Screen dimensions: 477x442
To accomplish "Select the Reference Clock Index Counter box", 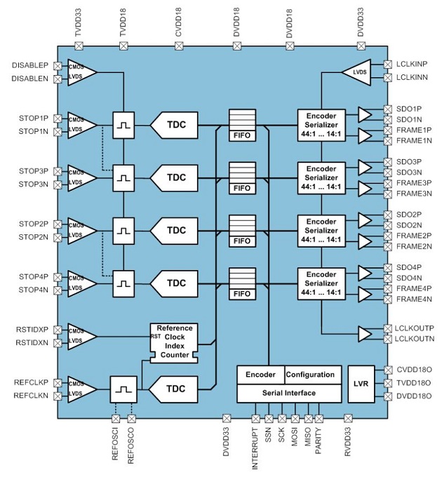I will pyautogui.click(x=174, y=342).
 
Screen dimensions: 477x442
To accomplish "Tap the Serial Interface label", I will pyautogui.click(x=290, y=393).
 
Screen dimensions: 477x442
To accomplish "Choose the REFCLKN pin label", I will pyautogui.click(x=30, y=396).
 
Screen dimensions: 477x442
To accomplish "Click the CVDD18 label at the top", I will pyautogui.click(x=179, y=24).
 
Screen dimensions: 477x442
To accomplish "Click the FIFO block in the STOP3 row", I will pyautogui.click(x=240, y=179).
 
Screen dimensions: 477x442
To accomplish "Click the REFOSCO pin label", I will pyautogui.click(x=131, y=445).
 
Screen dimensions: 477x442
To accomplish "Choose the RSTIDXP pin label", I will pyautogui.click(x=30, y=330).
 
